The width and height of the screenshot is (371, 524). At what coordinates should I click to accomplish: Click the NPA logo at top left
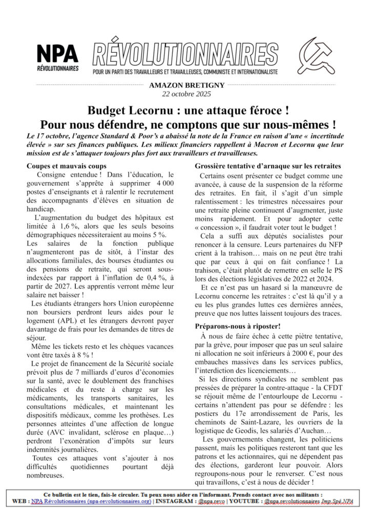pos(57,57)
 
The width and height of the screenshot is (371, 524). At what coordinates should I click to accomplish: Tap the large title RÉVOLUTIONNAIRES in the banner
pos(186,53)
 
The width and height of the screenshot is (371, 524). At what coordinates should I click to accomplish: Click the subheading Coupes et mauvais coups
pos(67,166)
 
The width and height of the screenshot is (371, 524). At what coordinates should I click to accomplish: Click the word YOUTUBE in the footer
pos(243,503)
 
